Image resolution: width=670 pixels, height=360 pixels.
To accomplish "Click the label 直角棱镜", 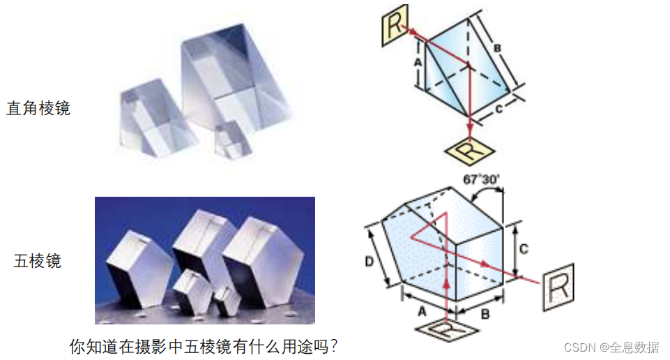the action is point(38,109).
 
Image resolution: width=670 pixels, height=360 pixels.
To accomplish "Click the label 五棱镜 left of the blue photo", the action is point(38,262).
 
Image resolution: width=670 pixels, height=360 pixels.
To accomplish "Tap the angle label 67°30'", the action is point(481,179).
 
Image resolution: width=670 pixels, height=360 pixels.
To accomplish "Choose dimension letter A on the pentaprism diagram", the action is point(420,312).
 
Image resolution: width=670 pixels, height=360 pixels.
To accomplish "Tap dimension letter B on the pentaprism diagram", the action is point(485,314).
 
